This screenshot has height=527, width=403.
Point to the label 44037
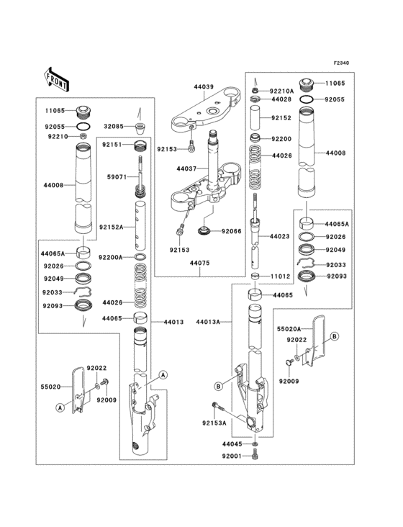186,168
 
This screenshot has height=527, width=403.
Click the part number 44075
201,263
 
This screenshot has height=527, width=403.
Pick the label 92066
232,231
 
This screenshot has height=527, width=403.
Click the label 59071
117,175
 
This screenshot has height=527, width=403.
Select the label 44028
281,100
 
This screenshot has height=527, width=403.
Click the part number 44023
280,236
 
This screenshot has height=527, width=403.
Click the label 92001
232,456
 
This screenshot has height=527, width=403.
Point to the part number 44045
232,444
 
